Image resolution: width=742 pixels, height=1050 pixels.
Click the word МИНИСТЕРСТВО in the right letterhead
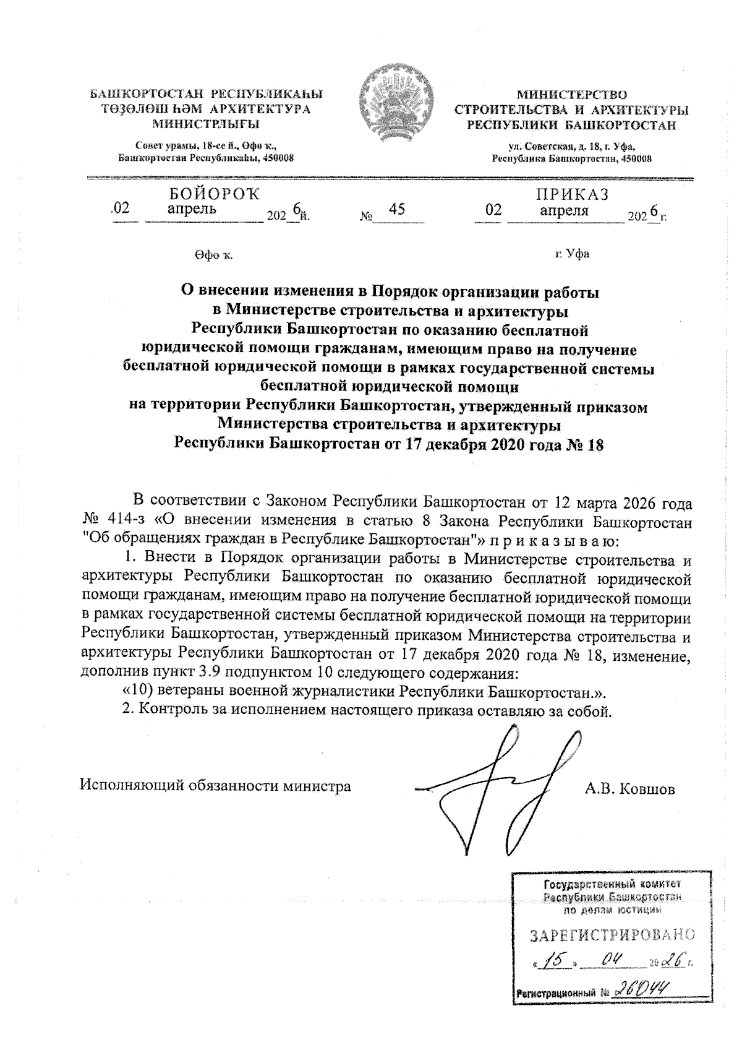point(571,95)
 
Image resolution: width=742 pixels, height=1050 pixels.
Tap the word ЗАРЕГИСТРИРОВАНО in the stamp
point(612,936)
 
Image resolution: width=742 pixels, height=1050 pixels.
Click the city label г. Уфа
point(572,254)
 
